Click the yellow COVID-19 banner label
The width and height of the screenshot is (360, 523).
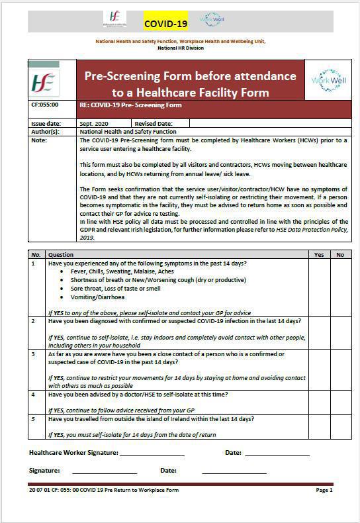(x=166, y=24)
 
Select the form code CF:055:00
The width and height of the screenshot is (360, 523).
(x=45, y=105)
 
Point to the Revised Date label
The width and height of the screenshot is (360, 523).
(x=153, y=124)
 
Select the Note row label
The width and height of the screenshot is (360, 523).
(x=39, y=140)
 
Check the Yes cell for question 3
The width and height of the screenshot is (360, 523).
(x=320, y=369)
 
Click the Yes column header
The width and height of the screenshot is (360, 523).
(x=320, y=254)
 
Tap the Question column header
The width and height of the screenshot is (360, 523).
(x=61, y=254)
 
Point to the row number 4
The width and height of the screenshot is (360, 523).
(x=33, y=394)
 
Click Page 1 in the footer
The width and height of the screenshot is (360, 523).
(x=324, y=491)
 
